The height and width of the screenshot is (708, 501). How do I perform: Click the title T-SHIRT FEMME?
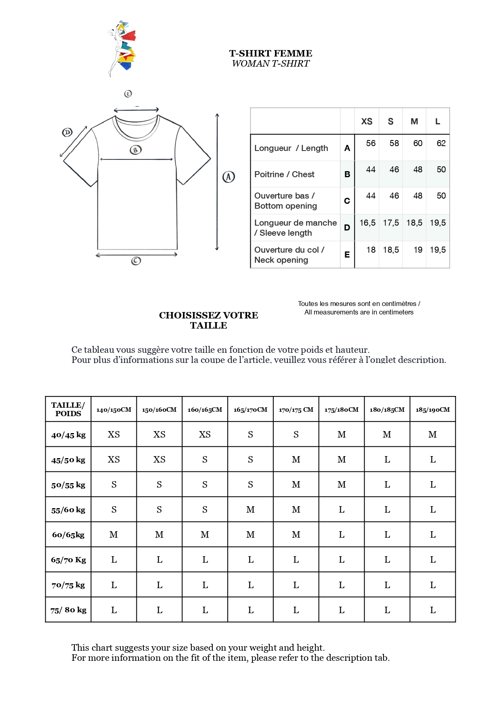point(270,53)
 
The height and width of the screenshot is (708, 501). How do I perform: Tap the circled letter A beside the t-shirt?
point(228,177)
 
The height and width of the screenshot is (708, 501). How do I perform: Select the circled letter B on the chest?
point(136,150)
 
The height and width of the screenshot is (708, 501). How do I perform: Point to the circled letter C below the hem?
point(136,261)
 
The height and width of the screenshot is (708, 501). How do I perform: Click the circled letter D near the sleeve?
point(67,132)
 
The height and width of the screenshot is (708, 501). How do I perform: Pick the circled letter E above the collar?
point(128,94)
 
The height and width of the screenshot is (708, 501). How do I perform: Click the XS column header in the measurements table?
point(367,121)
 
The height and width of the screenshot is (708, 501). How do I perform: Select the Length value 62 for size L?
point(441,143)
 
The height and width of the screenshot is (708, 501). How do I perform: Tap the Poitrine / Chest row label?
point(284,174)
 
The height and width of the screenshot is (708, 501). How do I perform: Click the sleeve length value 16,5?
point(367,223)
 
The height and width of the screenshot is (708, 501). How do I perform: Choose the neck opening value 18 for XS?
point(371,250)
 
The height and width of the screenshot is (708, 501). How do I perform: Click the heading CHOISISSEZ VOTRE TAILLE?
point(208,320)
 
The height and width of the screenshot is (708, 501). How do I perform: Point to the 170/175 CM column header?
point(296,409)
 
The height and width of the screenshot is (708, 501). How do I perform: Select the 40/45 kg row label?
point(68,435)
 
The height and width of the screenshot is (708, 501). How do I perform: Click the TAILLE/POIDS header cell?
point(68,409)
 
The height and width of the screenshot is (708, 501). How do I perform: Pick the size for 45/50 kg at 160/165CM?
point(205,459)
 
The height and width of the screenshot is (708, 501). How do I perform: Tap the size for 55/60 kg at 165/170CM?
point(250,509)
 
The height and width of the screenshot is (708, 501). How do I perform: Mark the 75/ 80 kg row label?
point(68,610)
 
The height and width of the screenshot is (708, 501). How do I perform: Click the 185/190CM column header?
point(432,409)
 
